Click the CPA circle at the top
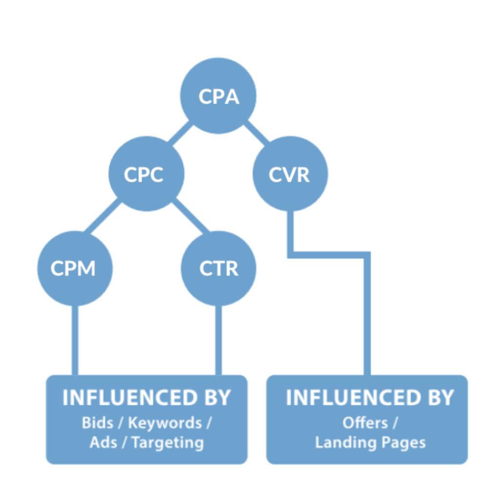coord(218,96)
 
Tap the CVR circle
coord(290,174)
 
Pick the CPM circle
coord(75,269)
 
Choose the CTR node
coord(218,269)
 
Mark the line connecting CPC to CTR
coord(191,215)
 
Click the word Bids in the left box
coord(97,423)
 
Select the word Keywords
coord(165,423)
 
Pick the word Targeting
coord(168,443)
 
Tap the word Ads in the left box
coord(102,443)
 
